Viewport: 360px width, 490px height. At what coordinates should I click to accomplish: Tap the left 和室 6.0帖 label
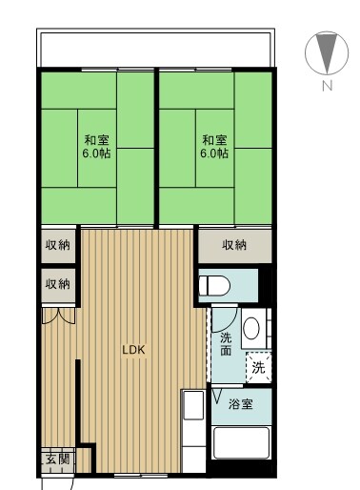[95, 146]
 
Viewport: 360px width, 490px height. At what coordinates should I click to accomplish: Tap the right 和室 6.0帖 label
[214, 146]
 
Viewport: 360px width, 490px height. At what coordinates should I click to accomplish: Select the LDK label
[132, 350]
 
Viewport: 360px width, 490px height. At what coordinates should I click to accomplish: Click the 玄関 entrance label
[57, 459]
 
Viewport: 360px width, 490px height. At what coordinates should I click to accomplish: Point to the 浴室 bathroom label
[241, 405]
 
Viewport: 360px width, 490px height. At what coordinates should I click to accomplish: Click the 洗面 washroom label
[226, 344]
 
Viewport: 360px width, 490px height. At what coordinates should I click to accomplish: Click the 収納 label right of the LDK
[234, 245]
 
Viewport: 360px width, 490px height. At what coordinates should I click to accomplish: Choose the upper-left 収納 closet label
[57, 245]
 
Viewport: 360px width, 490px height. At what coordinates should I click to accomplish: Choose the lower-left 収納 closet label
[57, 283]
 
